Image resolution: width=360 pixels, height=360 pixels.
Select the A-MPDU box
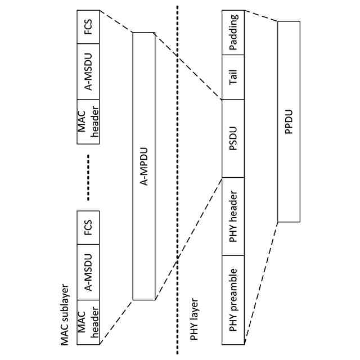click(x=143, y=166)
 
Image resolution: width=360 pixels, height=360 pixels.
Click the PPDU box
click(x=289, y=121)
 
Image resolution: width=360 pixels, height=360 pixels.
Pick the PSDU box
click(x=233, y=138)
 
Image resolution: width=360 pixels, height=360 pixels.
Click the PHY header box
click(x=233, y=217)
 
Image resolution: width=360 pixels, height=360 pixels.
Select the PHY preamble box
click(x=233, y=300)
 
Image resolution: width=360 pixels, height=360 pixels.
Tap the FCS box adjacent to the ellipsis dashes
click(x=88, y=229)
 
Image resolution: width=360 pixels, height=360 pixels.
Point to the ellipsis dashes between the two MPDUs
click(x=88, y=176)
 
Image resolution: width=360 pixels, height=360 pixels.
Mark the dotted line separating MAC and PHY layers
click(x=178, y=180)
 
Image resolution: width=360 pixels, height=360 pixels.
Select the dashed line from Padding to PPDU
click(x=262, y=16)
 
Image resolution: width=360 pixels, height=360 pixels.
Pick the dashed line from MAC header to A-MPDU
click(x=115, y=321)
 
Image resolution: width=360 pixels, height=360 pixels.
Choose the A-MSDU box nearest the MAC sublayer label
click(x=88, y=273)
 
